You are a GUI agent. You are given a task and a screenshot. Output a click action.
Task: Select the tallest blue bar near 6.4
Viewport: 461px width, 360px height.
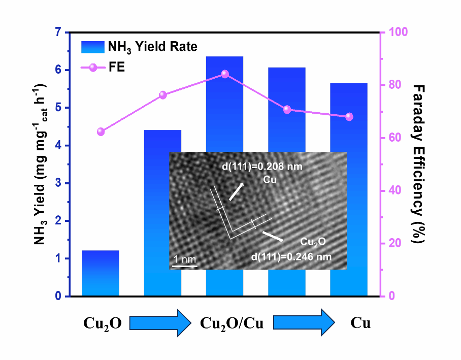click(x=224, y=102)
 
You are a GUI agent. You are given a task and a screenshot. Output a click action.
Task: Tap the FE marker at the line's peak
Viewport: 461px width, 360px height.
click(x=225, y=74)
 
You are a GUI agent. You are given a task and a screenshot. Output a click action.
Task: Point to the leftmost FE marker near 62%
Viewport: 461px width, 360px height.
click(x=101, y=132)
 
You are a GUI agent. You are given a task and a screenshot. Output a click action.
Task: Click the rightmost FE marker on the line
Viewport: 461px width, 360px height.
click(x=349, y=117)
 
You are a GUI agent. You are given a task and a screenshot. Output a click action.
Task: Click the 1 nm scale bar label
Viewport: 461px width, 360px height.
click(x=184, y=259)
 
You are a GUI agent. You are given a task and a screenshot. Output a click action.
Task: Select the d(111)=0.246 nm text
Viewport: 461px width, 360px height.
click(x=291, y=257)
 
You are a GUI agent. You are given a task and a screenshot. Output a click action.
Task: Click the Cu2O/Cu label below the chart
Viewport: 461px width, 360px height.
click(x=232, y=323)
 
